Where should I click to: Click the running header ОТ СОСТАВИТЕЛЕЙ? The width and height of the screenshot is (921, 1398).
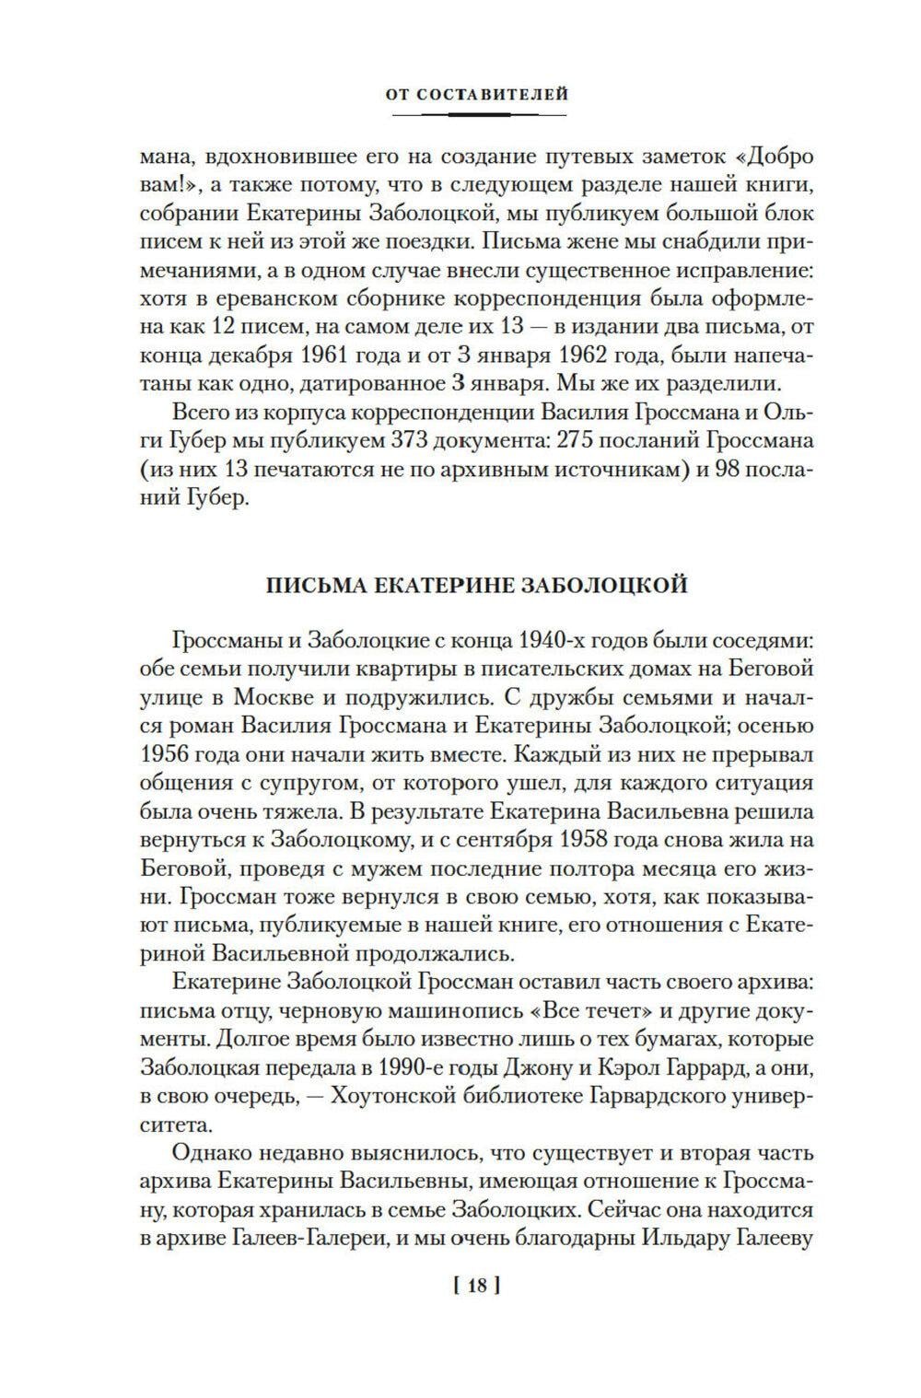479,94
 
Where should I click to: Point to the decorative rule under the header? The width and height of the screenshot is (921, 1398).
479,114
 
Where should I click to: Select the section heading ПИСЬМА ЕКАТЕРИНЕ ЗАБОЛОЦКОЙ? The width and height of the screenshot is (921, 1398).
477,586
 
